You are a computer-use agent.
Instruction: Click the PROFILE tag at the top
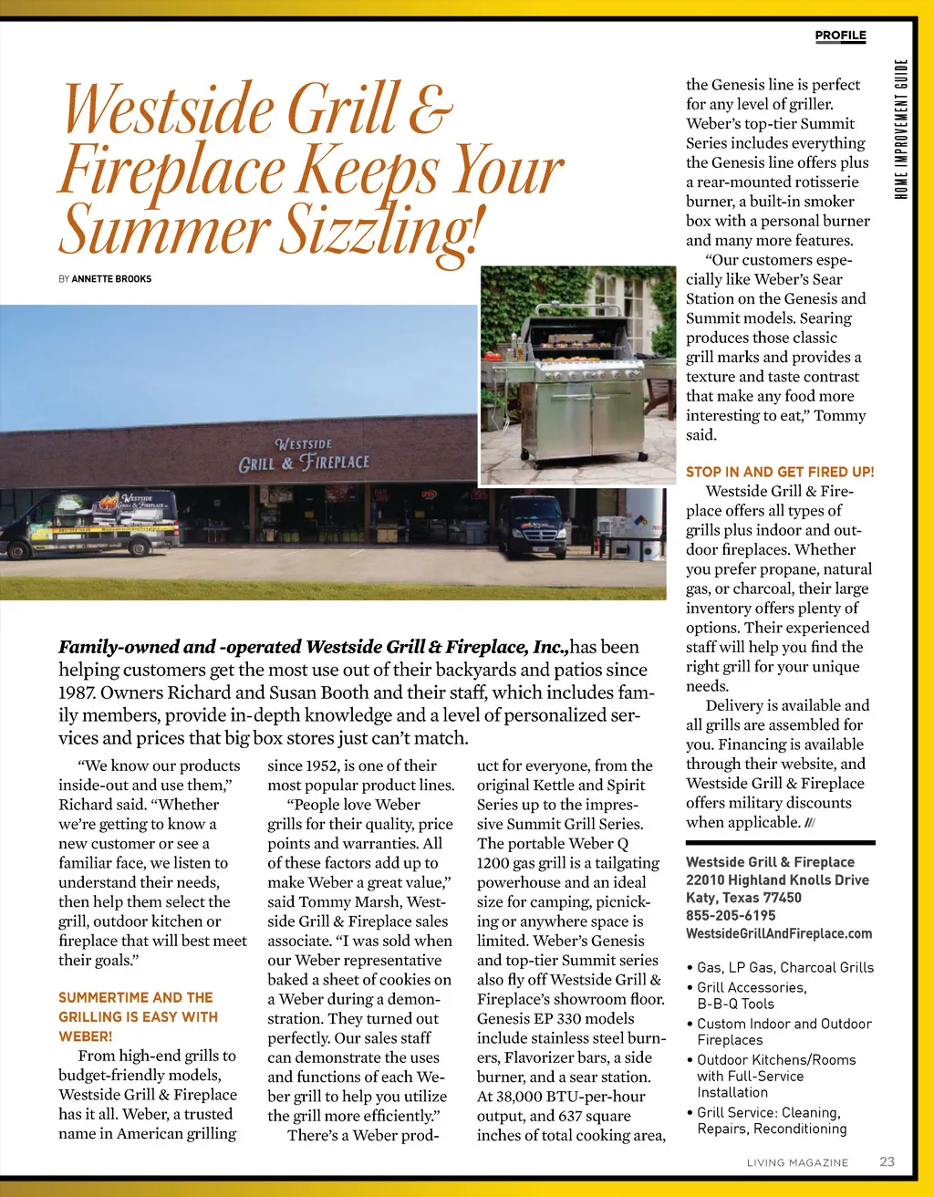coord(840,36)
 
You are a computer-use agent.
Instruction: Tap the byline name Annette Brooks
coord(111,278)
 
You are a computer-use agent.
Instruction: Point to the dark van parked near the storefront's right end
coord(533,526)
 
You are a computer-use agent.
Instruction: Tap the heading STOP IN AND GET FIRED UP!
coord(780,472)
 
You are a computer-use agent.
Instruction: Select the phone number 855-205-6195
coord(731,915)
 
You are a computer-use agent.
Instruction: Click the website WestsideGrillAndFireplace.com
coord(779,933)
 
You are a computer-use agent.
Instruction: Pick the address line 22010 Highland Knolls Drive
coord(777,880)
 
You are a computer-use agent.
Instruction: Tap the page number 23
coord(887,1161)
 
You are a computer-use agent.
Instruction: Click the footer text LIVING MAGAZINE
coord(797,1162)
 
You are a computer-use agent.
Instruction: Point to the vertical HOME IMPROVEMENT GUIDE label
coord(901,128)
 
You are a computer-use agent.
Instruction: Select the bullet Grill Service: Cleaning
coord(768,1112)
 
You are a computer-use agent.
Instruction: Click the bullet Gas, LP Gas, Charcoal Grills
coord(784,967)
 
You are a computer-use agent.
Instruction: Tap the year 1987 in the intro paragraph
coord(77,692)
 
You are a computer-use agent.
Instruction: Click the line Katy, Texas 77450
coord(743,898)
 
